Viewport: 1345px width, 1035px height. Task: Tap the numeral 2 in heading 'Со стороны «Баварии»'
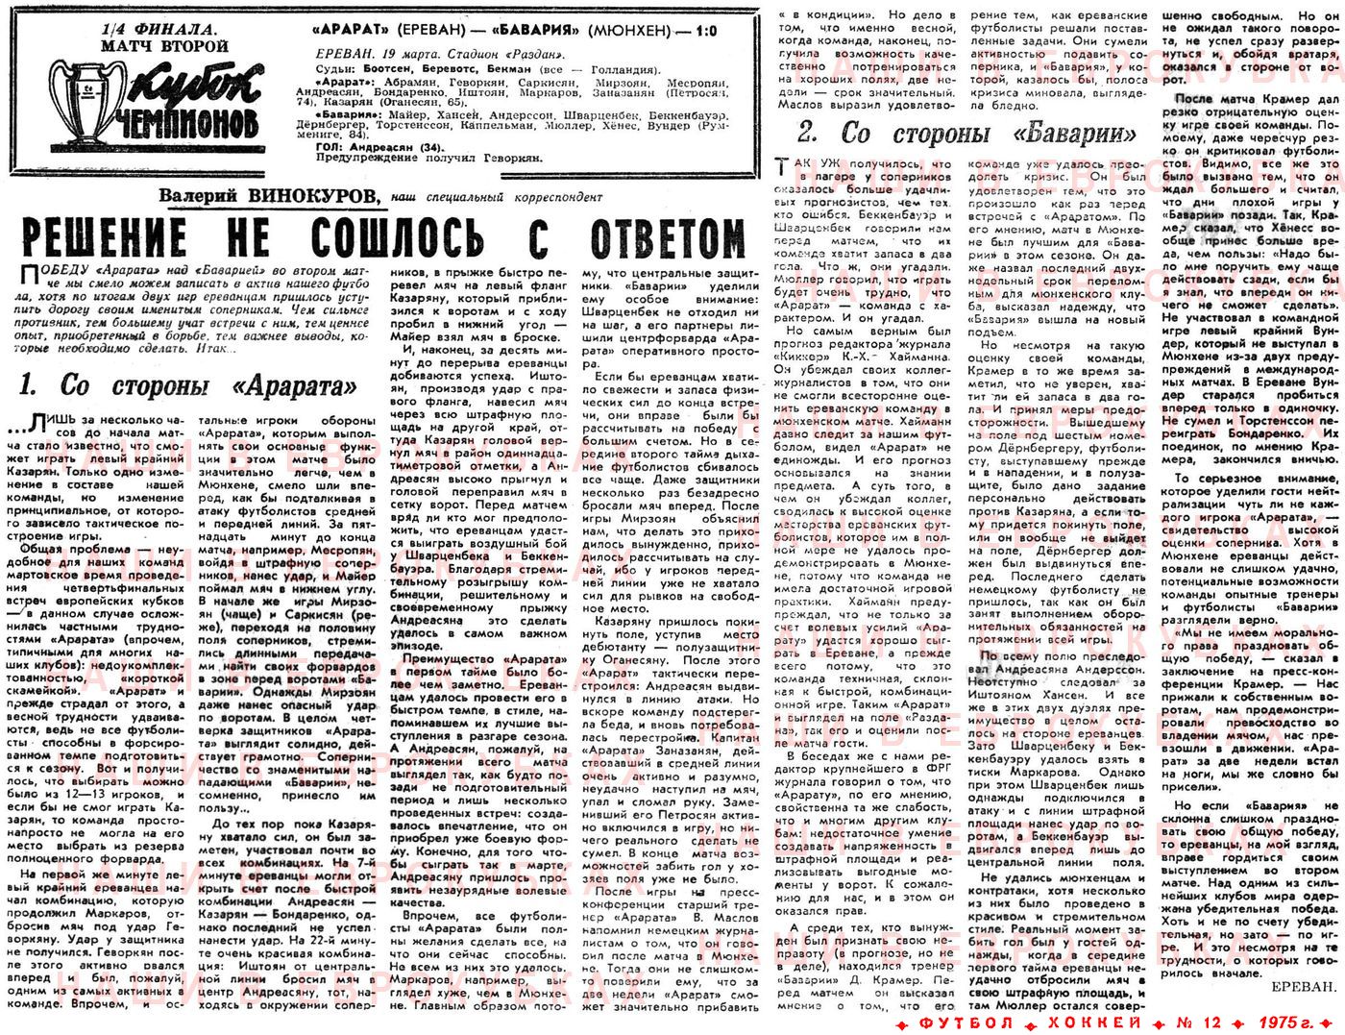808,134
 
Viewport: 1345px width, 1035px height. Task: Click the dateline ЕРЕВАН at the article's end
1302,986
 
